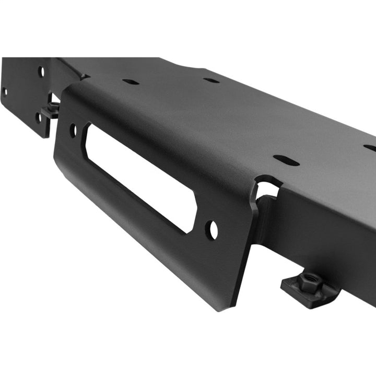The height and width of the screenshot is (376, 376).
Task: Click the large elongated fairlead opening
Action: (x=140, y=178)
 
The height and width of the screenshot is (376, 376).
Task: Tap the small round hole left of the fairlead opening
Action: (x=73, y=130)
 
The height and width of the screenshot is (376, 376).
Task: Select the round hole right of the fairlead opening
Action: (x=211, y=230)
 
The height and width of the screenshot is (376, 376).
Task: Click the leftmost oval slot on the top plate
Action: (x=131, y=81)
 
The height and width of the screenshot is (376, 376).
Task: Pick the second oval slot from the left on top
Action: (x=211, y=80)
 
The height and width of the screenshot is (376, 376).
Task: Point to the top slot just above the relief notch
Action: (x=287, y=160)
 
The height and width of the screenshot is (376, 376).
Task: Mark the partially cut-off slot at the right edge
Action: (x=370, y=148)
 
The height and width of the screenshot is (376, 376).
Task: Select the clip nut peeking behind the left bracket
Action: (x=51, y=109)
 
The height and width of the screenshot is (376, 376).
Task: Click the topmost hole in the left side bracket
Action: (x=41, y=71)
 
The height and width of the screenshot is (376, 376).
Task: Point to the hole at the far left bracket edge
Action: (x=4, y=92)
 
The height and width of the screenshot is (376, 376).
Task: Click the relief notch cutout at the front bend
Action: (x=266, y=189)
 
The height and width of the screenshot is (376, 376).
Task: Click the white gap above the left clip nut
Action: (x=54, y=98)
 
